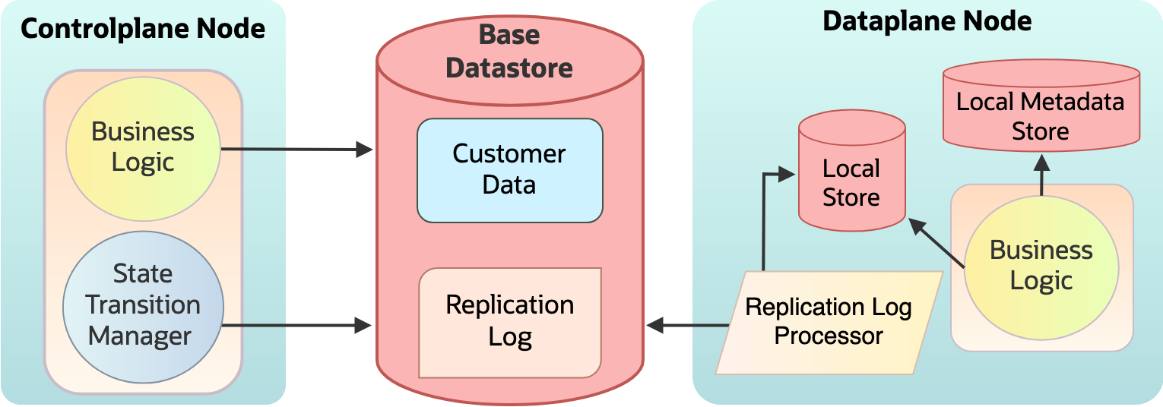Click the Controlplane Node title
[x=143, y=29]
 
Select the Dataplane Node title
[x=927, y=21]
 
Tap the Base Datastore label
[x=509, y=52]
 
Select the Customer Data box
[x=509, y=169]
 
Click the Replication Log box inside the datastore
[x=509, y=321]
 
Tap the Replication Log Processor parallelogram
[x=829, y=322]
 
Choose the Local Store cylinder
[x=851, y=182]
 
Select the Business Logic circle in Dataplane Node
[x=1041, y=265]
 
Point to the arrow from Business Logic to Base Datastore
[x=296, y=150]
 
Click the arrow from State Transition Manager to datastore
[x=296, y=326]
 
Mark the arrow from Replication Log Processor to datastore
[x=688, y=326]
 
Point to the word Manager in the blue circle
[x=140, y=336]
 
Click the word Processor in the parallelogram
[x=829, y=336]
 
